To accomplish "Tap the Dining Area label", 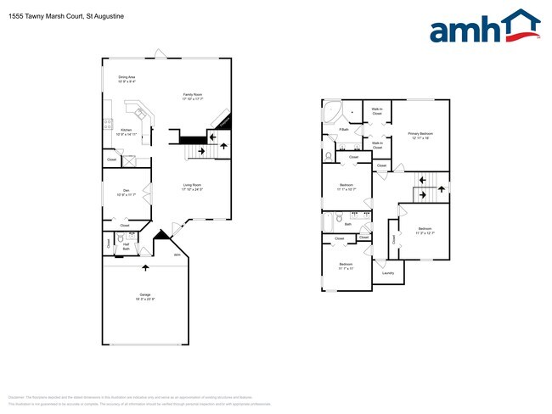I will click(127, 79).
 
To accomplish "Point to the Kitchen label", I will click(126, 132).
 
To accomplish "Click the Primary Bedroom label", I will click(420, 135).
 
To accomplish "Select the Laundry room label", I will click(387, 273).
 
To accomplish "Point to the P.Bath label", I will click(344, 130).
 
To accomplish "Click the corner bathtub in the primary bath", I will click(331, 111).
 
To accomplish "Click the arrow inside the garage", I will click(144, 268).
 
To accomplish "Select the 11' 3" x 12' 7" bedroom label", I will click(424, 231).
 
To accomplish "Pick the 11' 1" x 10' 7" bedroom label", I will click(346, 187).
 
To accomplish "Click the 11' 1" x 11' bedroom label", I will click(346, 266).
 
